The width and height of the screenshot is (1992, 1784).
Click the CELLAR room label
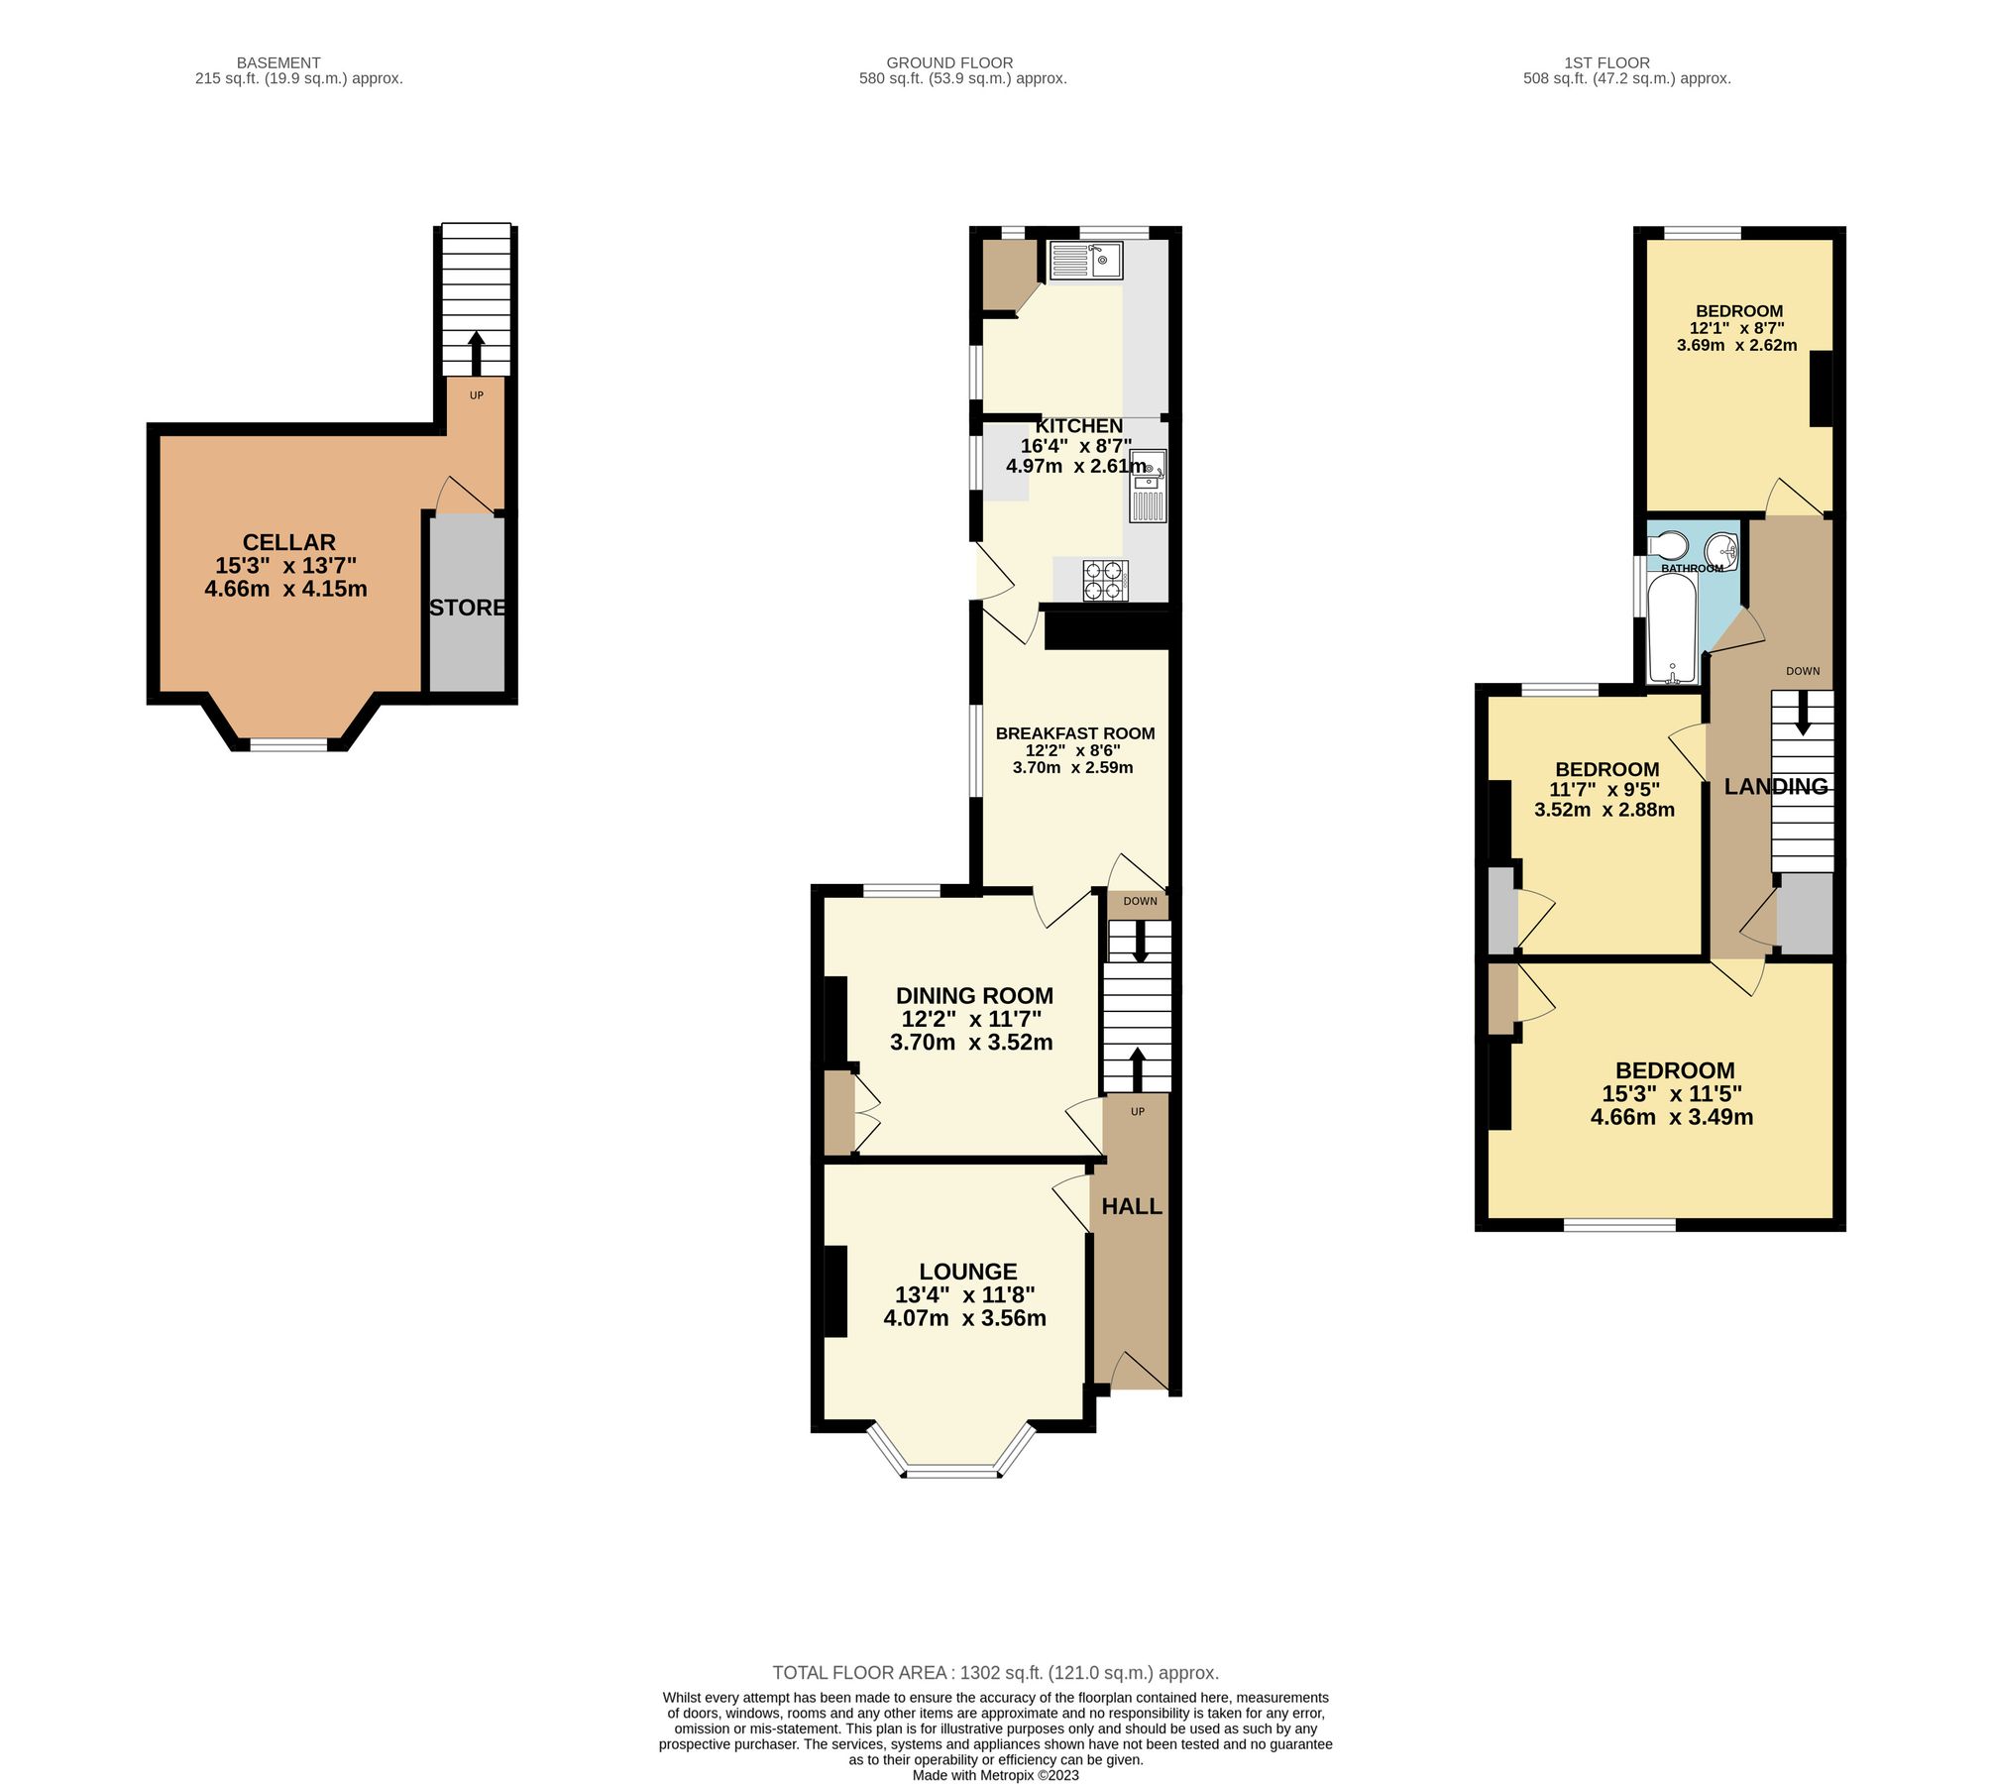pyautogui.click(x=288, y=542)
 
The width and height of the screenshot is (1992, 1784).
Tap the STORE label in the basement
pyautogui.click(x=467, y=608)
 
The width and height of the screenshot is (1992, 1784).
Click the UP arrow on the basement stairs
pyautogui.click(x=476, y=352)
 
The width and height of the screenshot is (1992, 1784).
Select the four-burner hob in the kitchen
pyautogui.click(x=1105, y=581)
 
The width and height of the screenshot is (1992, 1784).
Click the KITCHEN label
pyautogui.click(x=1078, y=426)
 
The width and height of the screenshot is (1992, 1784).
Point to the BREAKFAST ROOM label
pyautogui.click(x=1074, y=733)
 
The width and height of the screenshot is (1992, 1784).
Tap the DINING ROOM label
pyautogui.click(x=974, y=996)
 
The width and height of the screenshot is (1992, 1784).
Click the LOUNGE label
pyautogui.click(x=967, y=1272)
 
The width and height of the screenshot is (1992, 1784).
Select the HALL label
pyautogui.click(x=1132, y=1206)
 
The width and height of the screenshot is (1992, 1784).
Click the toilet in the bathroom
pyautogui.click(x=1667, y=545)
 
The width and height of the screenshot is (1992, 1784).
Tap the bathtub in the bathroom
pyautogui.click(x=1672, y=629)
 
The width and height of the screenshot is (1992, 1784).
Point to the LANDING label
pyautogui.click(x=1776, y=787)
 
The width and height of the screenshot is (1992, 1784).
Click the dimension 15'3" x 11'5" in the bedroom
pyautogui.click(x=1672, y=1094)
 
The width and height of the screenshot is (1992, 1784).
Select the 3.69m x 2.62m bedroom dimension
pyautogui.click(x=1736, y=346)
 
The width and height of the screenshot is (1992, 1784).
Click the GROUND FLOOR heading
pyautogui.click(x=949, y=62)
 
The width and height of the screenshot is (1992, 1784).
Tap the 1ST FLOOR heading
pyautogui.click(x=1606, y=62)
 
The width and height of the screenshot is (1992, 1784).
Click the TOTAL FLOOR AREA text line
pyautogui.click(x=995, y=1673)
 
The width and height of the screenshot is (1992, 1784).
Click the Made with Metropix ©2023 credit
pyautogui.click(x=995, y=1775)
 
